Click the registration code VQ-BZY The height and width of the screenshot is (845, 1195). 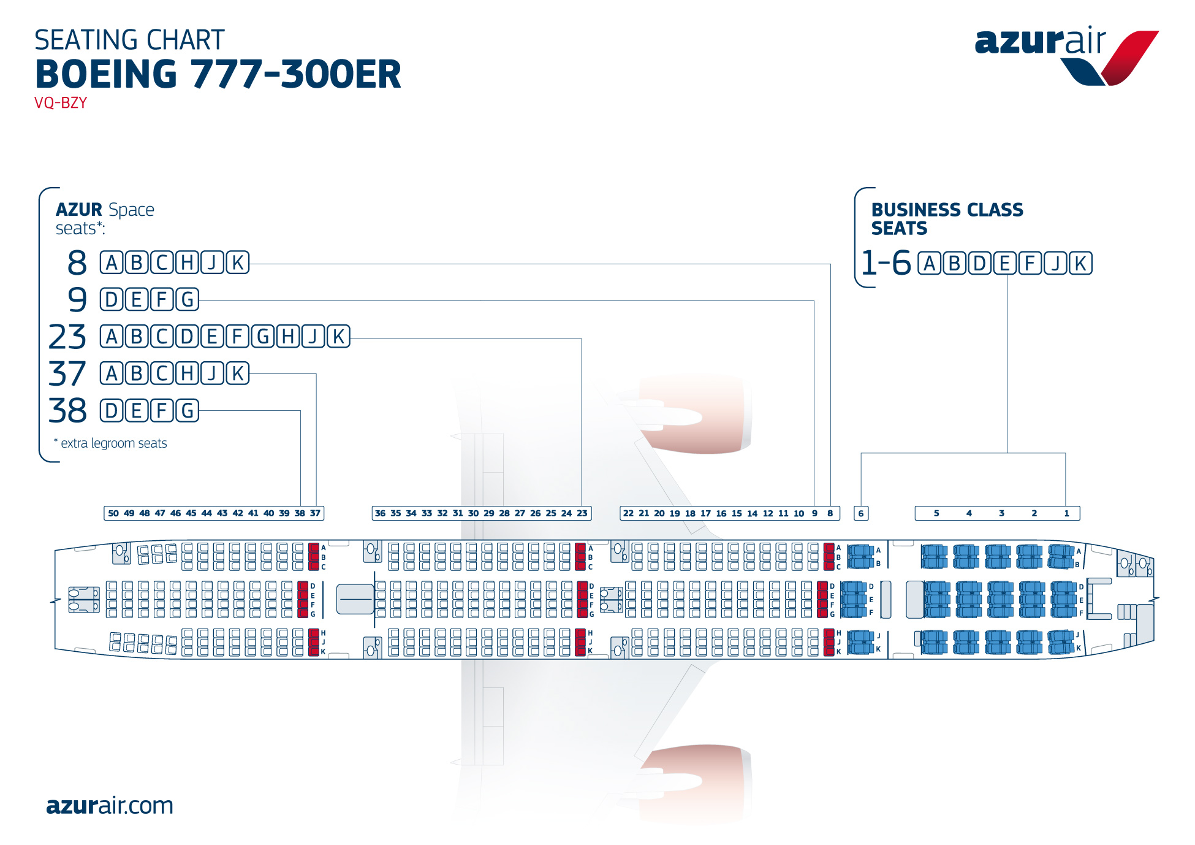pos(61,102)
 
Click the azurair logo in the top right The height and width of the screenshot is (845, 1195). pos(1066,56)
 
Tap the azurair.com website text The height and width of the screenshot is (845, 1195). pos(110,805)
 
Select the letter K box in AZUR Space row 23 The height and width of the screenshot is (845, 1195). pos(338,337)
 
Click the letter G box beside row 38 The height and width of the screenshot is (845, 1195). pos(188,410)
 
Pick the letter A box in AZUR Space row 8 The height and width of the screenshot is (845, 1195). pos(112,262)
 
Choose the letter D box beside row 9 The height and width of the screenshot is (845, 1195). pos(112,300)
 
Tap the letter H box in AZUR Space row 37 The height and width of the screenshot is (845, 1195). pos(188,373)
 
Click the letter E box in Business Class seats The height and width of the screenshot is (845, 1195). pos(1005,263)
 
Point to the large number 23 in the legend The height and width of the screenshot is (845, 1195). pos(67,337)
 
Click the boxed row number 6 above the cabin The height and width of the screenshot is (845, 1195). pos(861,513)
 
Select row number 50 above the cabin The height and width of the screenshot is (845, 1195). pos(113,513)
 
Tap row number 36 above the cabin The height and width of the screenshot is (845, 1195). pos(380,513)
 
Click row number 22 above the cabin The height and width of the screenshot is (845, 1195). pos(628,513)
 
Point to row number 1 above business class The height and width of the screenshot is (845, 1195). pos(1067,513)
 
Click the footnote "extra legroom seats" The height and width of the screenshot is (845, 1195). pos(110,443)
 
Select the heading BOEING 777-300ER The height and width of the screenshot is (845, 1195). pos(218,74)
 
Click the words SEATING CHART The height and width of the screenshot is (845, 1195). pos(129,40)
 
